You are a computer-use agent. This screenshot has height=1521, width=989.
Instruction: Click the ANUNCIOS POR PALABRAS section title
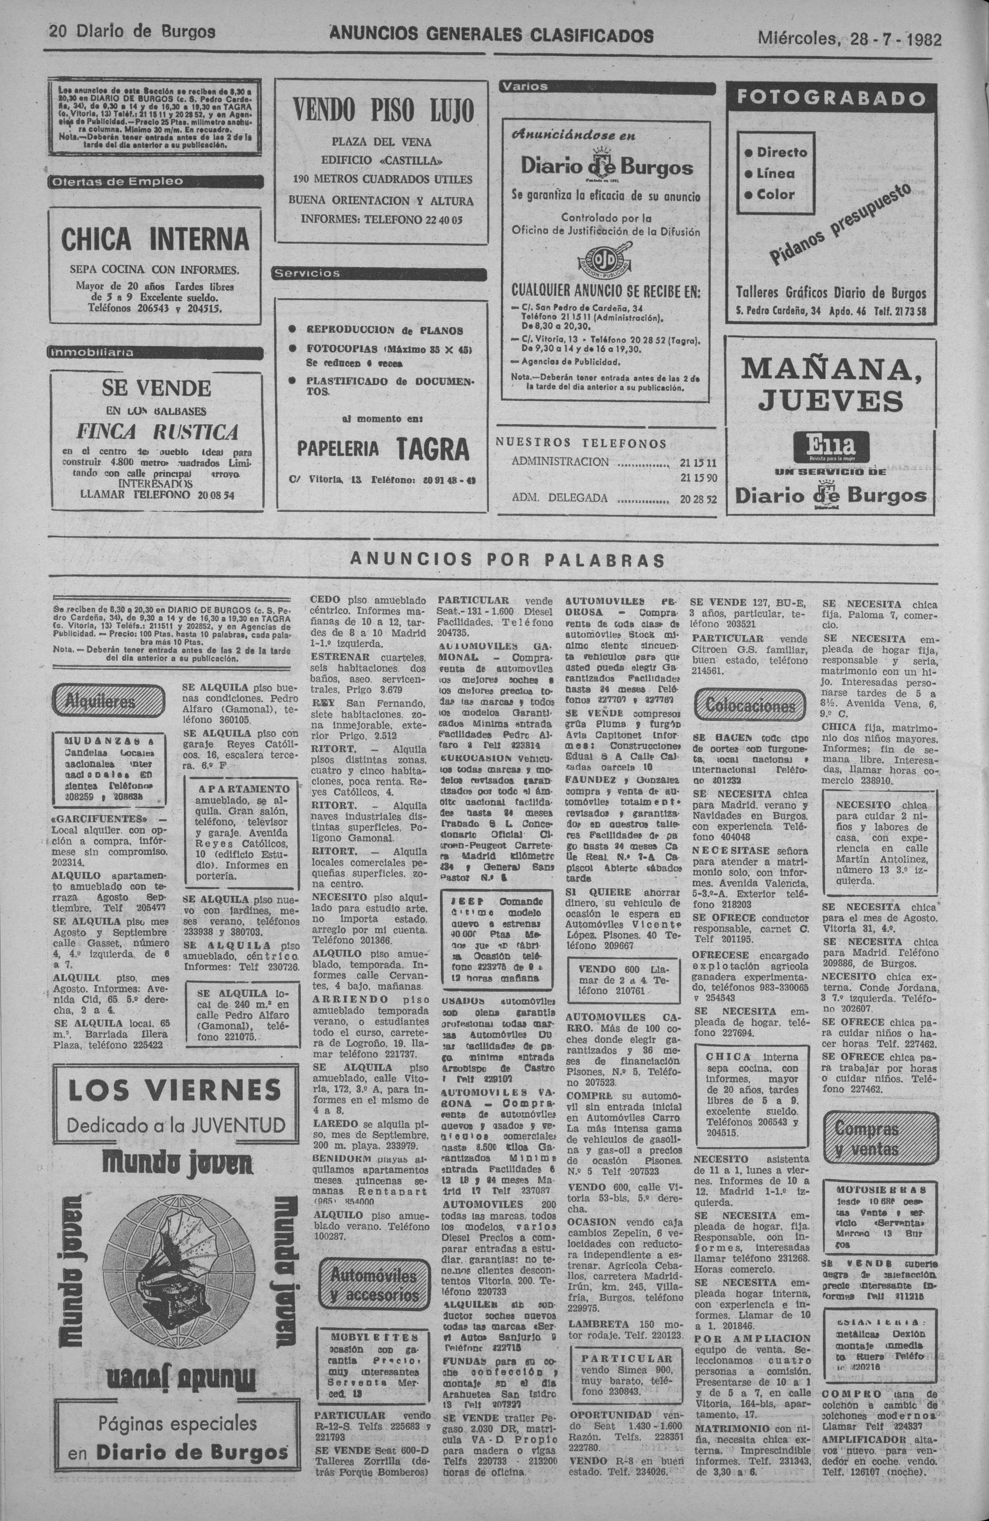tap(508, 559)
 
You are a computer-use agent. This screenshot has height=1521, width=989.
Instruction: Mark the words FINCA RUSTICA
tap(157, 432)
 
